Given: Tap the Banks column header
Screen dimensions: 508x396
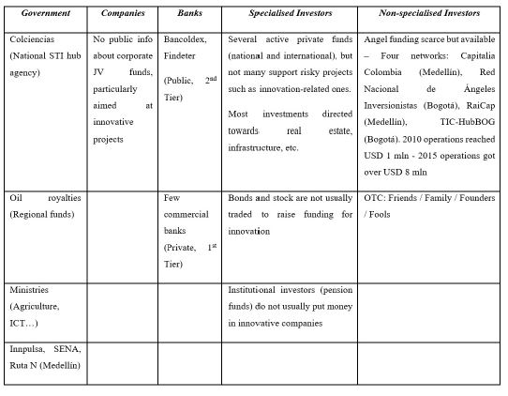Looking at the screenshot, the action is coord(189,14).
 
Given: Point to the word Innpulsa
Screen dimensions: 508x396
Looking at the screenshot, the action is coord(28,350).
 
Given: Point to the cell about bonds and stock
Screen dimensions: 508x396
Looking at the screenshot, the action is coord(288,214).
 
